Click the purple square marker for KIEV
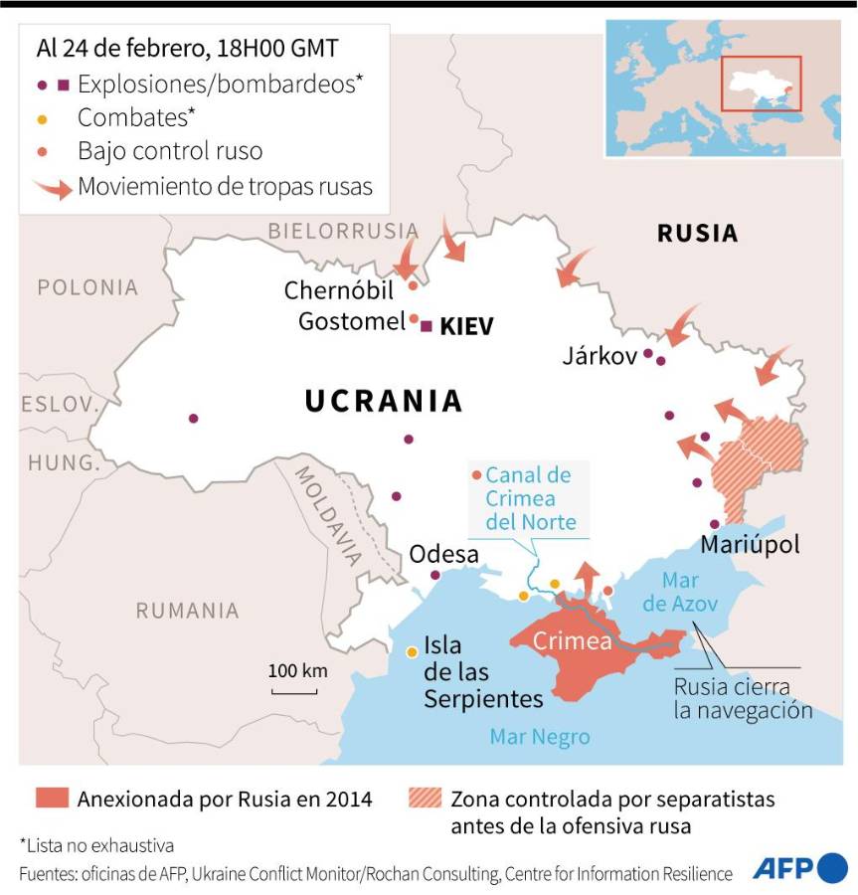click(x=427, y=326)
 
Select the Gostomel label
click(x=351, y=322)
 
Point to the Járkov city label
click(x=599, y=356)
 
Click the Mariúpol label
click(x=750, y=545)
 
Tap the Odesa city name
click(x=444, y=554)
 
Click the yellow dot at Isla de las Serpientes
click(x=412, y=652)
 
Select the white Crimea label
click(x=572, y=641)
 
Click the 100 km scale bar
click(x=297, y=689)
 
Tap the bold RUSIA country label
click(x=697, y=234)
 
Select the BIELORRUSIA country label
click(x=342, y=231)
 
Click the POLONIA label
click(x=87, y=288)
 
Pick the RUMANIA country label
click(x=187, y=611)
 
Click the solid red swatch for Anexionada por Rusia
click(x=52, y=798)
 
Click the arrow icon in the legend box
click(x=52, y=188)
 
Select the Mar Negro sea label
click(x=539, y=737)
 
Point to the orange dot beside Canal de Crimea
click(x=477, y=475)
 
